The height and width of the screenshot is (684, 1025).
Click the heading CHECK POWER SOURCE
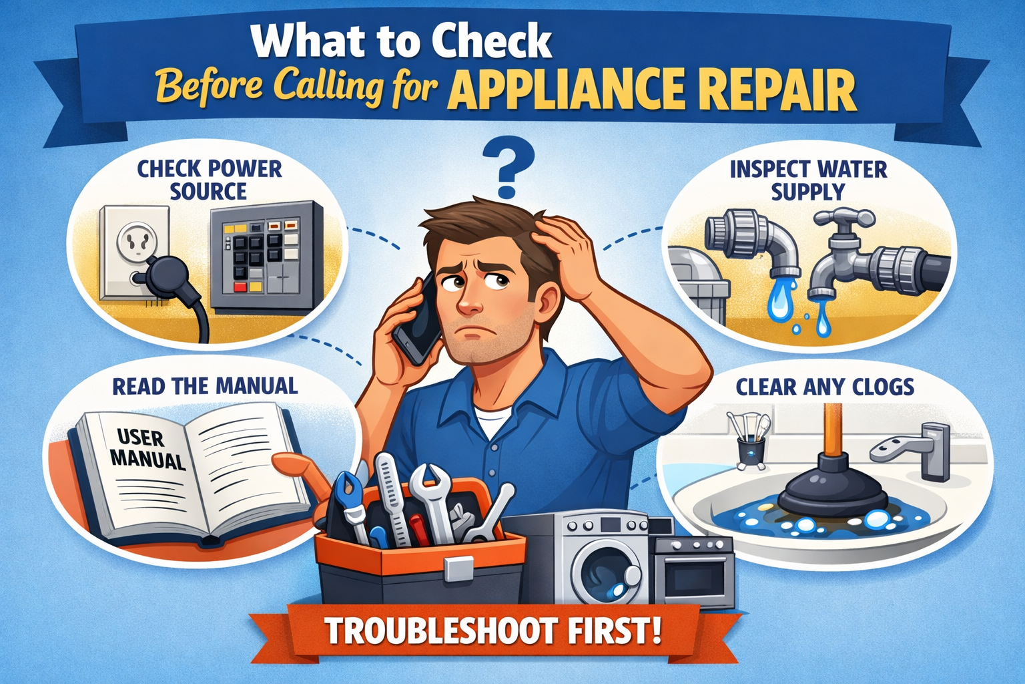click(209, 180)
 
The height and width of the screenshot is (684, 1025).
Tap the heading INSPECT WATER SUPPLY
click(808, 180)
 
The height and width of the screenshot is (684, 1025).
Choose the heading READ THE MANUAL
click(205, 386)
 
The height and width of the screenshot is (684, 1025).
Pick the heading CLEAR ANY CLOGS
click(825, 387)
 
